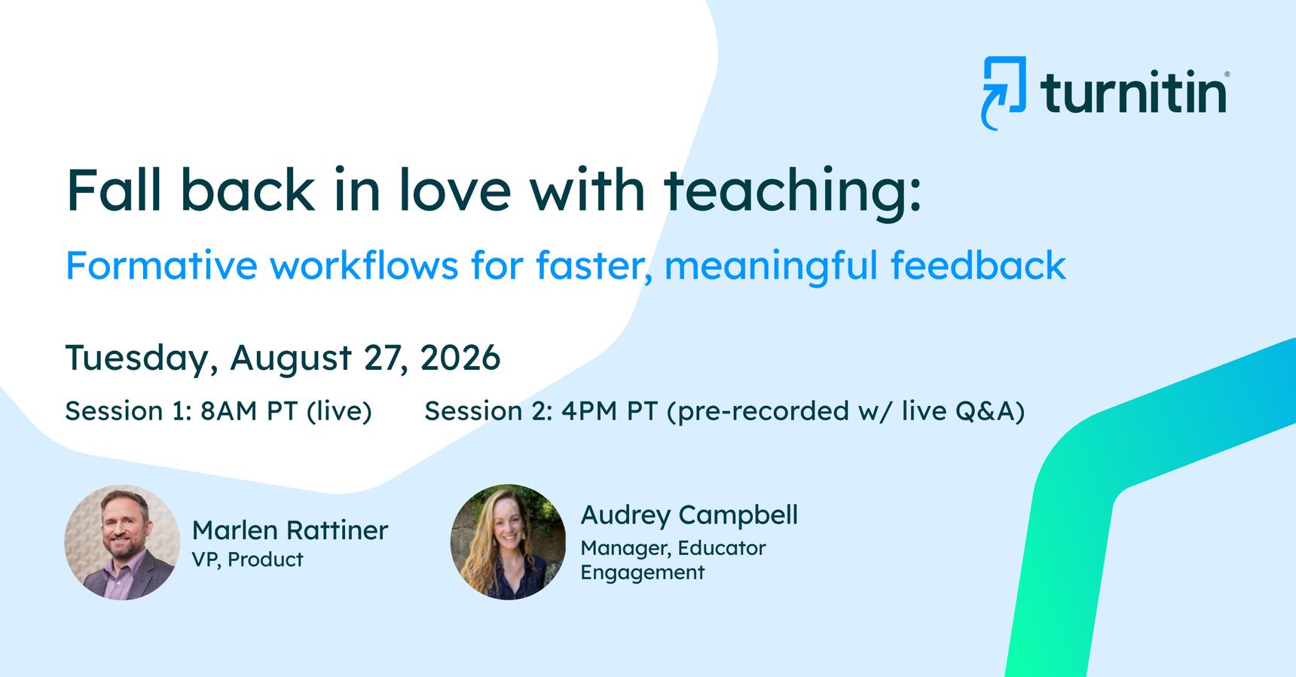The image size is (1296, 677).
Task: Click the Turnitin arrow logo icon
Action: click(x=1004, y=93)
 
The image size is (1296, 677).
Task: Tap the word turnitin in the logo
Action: click(x=1134, y=92)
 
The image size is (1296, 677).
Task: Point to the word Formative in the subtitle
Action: click(x=161, y=265)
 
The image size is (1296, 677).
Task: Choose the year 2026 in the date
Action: click(x=460, y=357)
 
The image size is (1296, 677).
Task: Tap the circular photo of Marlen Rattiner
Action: click(x=122, y=542)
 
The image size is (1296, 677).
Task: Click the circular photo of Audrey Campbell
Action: click(x=508, y=542)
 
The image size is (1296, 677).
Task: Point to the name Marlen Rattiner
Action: click(x=290, y=530)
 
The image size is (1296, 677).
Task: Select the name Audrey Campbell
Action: click(x=689, y=515)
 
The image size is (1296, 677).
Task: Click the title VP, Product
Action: click(x=248, y=560)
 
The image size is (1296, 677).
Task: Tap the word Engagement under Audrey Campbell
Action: click(x=643, y=572)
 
